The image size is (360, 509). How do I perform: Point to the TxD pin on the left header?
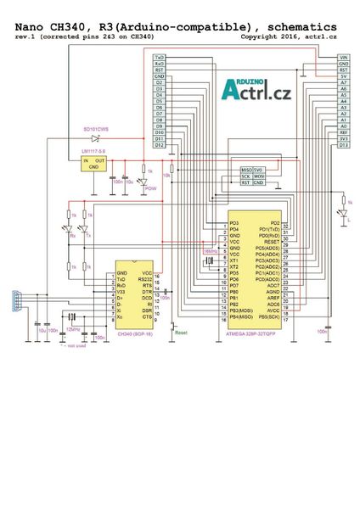[x=160, y=57]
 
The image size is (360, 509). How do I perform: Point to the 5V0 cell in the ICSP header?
[x=259, y=170]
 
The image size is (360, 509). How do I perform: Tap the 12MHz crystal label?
[x=75, y=327]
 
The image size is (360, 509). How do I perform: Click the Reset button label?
[x=180, y=334]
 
